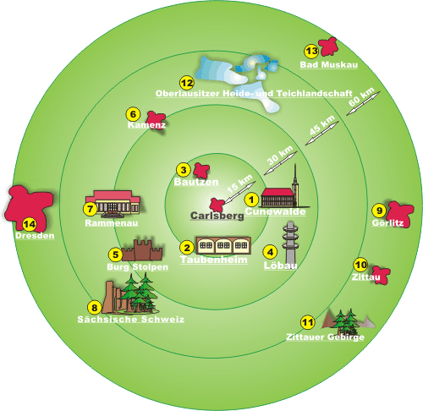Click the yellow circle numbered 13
point(311,52)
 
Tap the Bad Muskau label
point(329,64)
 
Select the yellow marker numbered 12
point(187,83)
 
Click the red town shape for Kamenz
point(156,119)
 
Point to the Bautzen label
point(196,182)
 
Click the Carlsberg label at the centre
point(217,216)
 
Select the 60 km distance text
point(361,96)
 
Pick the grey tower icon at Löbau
point(290,242)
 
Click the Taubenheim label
point(214,260)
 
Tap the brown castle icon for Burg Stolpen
point(143,250)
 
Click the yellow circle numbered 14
point(30,225)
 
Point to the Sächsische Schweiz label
point(131,319)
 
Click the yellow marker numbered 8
point(95,308)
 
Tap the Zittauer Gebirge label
point(325,337)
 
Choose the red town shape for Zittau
point(381,275)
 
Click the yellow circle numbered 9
point(379,211)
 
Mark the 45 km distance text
point(321,125)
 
